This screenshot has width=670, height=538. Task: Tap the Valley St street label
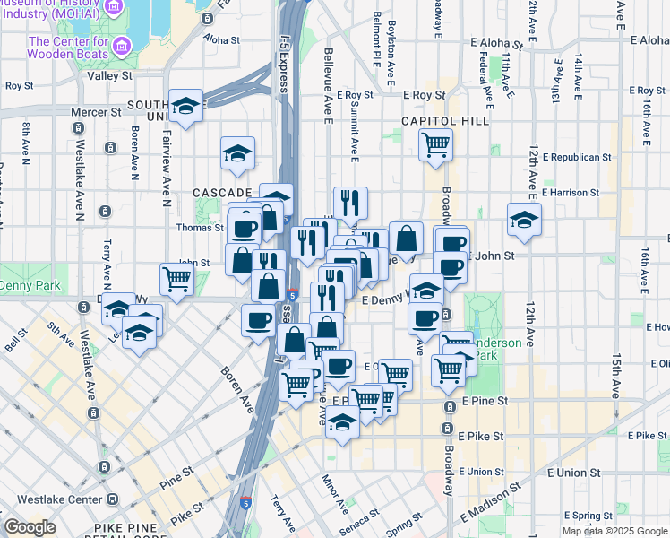(x=110, y=76)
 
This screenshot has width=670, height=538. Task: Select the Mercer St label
(x=103, y=112)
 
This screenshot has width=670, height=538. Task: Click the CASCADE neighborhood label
(x=223, y=193)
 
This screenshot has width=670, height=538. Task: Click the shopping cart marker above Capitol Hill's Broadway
(x=435, y=143)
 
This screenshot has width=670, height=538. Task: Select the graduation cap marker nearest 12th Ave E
(x=524, y=219)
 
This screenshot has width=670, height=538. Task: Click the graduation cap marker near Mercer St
(x=185, y=107)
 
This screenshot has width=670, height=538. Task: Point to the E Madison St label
(x=492, y=505)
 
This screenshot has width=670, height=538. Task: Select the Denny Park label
(x=28, y=285)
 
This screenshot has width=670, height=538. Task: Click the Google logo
(x=30, y=526)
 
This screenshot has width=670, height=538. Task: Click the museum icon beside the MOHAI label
(x=114, y=7)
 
